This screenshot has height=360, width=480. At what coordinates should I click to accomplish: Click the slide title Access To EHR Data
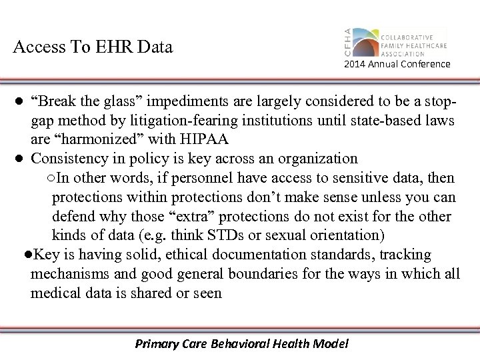[x=93, y=47]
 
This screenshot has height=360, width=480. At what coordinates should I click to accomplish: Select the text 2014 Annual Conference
[x=397, y=65]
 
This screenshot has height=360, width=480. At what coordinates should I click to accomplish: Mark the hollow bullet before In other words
[x=52, y=178]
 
